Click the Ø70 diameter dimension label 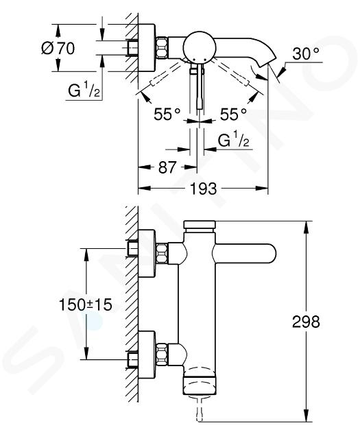[x=58, y=48]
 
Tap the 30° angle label [x=306, y=53]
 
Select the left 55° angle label [x=167, y=114]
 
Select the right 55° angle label [x=233, y=114]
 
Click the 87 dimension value [x=167, y=167]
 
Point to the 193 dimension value [x=204, y=189]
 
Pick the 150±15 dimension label [x=86, y=304]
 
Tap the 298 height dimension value [x=306, y=321]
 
